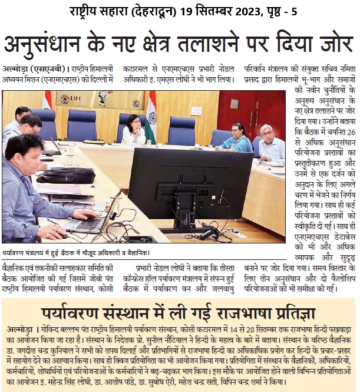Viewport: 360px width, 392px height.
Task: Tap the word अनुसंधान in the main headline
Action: click(x=45, y=45)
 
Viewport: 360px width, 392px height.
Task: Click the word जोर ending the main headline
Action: click(x=333, y=45)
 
